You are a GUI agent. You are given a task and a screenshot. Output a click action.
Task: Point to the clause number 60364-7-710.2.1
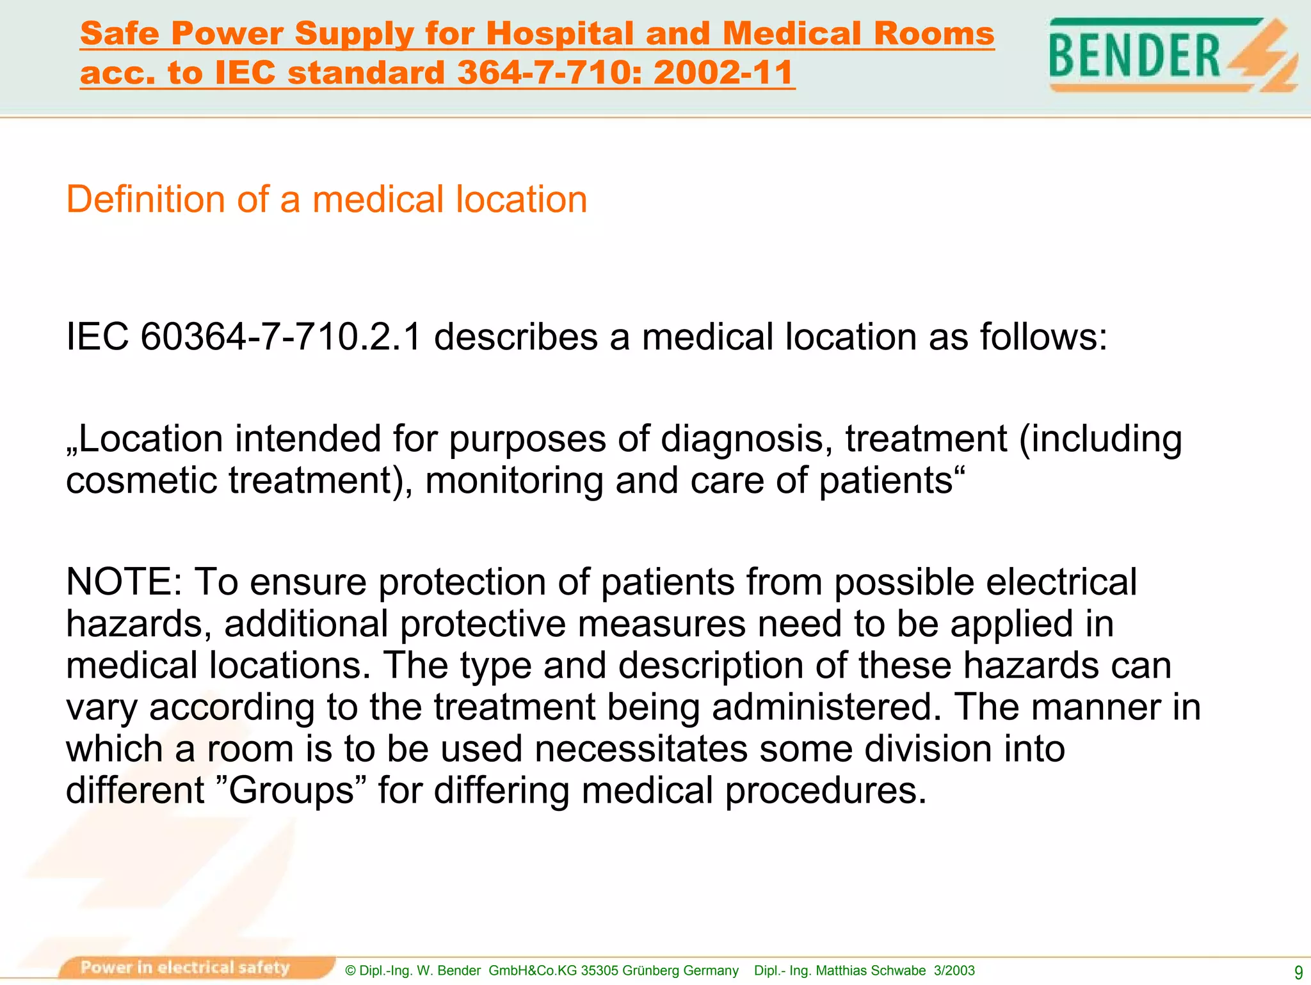coord(280,337)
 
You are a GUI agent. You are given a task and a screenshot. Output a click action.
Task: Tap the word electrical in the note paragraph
coord(1061,582)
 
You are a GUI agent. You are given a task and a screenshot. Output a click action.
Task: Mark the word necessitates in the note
coord(641,749)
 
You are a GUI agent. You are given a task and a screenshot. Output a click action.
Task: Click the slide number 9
coord(1298,972)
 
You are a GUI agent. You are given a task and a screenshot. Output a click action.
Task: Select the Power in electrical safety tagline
coord(185,967)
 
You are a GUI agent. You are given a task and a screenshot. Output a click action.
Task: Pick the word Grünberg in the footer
coord(649,970)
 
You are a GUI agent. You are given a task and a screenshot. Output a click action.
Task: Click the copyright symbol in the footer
coord(350,970)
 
